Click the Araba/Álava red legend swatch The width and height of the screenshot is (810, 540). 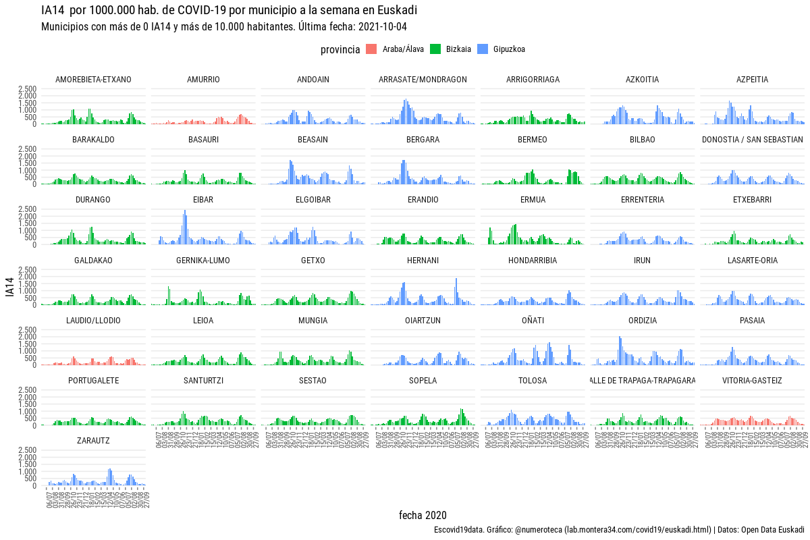pos(371,49)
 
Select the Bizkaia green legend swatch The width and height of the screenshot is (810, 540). pos(435,49)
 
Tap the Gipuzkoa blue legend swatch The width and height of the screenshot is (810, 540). pos(483,49)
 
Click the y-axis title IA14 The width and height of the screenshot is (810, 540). pos(9,290)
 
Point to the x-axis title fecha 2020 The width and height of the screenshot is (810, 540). pos(423,515)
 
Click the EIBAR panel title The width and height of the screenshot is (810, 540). pos(203,200)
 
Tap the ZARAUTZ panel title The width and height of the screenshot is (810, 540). pos(93,441)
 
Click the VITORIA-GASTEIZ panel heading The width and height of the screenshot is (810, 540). pos(752,381)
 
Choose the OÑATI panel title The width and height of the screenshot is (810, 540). pos(533,321)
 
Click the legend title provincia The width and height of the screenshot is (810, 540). pos(340,49)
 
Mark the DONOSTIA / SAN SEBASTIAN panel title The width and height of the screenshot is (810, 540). pos(752,140)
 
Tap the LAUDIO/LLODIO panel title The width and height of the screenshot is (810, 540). pos(93,321)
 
